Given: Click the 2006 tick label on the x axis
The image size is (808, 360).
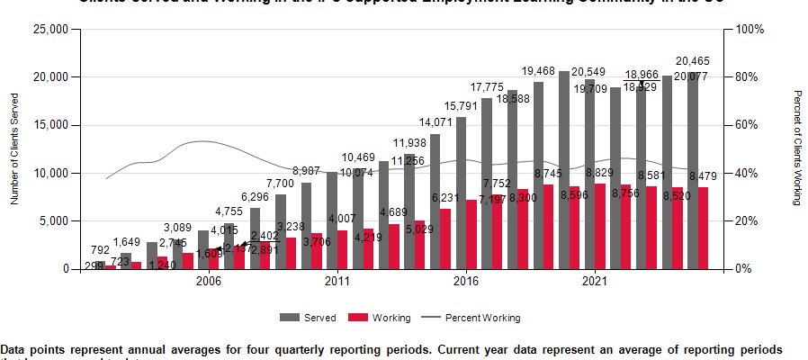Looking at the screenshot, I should (x=209, y=282).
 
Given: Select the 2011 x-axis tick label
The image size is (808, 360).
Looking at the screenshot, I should (x=337, y=282).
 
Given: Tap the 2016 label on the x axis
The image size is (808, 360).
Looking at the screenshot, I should (x=465, y=282).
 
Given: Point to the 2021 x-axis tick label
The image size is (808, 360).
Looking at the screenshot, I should (x=594, y=282).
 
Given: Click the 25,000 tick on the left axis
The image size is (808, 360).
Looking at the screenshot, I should (x=52, y=29).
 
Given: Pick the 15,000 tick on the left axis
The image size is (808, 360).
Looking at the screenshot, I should (x=52, y=125).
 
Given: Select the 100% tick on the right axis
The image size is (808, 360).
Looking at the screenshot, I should (x=750, y=29).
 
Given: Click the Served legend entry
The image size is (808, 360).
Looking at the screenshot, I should (x=312, y=318).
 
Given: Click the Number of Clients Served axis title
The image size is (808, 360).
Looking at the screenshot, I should (x=14, y=148).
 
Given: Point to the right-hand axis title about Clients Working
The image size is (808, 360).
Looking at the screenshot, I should (x=796, y=148).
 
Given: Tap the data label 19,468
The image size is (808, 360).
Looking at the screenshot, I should (x=538, y=71).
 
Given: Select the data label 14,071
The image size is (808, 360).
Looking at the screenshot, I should (x=435, y=123).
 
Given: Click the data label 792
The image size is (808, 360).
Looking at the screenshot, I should (x=100, y=250).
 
